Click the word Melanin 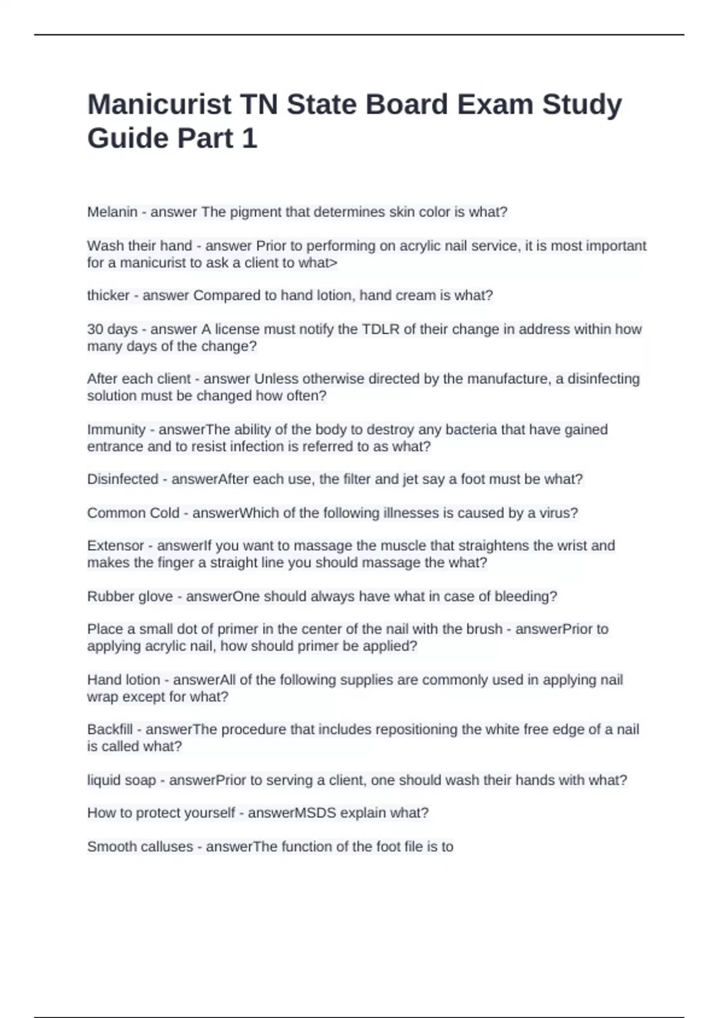click(112, 212)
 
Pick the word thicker click(108, 295)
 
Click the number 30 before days click(95, 329)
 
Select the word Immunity click(116, 429)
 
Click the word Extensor click(116, 546)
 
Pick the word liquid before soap click(104, 780)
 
